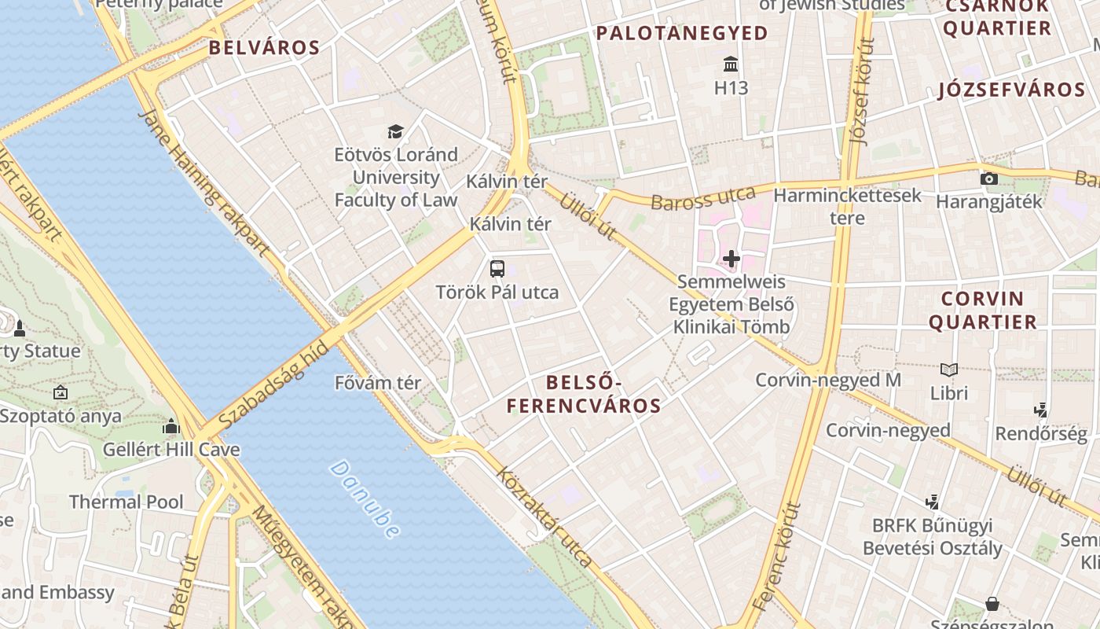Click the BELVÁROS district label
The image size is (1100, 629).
(x=264, y=47)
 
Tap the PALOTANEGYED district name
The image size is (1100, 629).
(x=681, y=33)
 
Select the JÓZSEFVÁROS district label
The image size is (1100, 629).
(x=1011, y=90)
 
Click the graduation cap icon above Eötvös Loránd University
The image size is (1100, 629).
(x=395, y=131)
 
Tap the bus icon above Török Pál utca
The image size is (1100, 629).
(x=497, y=269)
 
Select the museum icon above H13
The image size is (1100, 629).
(x=731, y=64)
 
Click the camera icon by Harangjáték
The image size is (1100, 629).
(x=989, y=178)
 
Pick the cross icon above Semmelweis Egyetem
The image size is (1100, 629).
(x=731, y=258)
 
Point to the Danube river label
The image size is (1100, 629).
(x=364, y=499)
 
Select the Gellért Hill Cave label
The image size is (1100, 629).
(x=171, y=451)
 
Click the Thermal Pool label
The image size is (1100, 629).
(x=126, y=502)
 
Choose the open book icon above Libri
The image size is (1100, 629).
(x=949, y=370)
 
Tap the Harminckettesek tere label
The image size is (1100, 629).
(x=847, y=206)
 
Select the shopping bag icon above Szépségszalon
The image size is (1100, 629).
(x=992, y=604)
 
